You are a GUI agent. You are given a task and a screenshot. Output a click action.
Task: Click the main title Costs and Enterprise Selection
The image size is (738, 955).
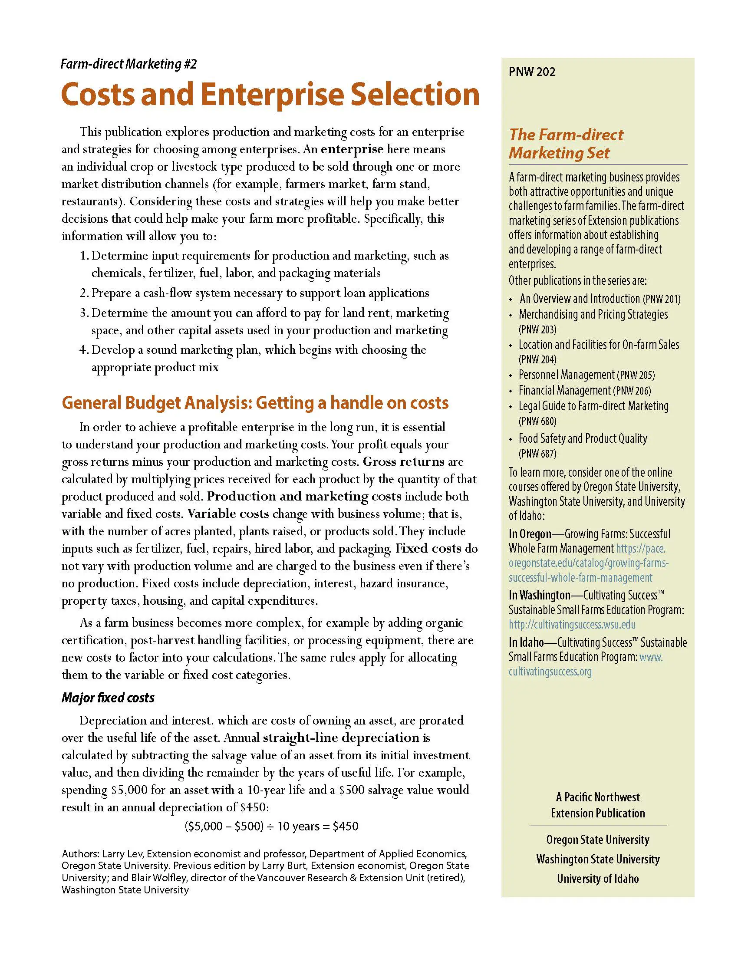tap(270, 95)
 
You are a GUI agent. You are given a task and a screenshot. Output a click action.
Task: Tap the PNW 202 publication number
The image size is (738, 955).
tap(532, 72)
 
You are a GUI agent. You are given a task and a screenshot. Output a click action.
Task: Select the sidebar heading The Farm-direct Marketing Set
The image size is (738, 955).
tap(566, 143)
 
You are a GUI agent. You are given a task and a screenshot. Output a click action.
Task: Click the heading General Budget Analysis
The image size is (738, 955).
tap(255, 403)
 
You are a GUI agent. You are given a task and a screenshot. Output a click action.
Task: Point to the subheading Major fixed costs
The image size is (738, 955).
tap(108, 698)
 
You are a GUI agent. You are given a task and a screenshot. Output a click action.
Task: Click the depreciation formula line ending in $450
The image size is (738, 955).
tap(271, 826)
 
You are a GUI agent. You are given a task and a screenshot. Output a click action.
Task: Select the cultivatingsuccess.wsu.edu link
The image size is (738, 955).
tap(572, 624)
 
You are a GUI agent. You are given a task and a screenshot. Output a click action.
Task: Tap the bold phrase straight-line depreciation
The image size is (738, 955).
tap(341, 738)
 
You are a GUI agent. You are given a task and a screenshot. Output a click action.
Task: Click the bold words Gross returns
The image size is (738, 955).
tap(404, 462)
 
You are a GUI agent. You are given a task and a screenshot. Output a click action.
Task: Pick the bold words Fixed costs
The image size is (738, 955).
tap(428, 549)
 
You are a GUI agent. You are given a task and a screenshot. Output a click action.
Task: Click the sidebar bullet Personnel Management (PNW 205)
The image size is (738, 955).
tap(586, 375)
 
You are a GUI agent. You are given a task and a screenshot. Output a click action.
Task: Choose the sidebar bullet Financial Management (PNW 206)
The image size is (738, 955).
tap(585, 390)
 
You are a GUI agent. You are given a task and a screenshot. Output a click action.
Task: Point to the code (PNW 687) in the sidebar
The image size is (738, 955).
tap(537, 454)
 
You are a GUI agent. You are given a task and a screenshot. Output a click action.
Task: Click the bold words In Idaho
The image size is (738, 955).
tap(526, 642)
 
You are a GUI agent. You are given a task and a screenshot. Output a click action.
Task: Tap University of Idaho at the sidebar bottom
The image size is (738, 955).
tap(598, 879)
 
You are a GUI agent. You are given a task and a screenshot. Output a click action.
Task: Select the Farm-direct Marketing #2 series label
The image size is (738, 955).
tap(129, 64)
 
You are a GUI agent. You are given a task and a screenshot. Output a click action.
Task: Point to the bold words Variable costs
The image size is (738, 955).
tap(228, 514)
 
